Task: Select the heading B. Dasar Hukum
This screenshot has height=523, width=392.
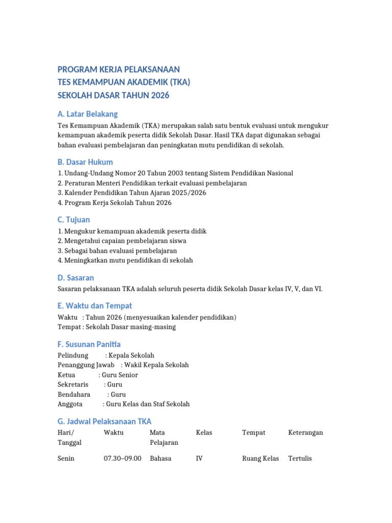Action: [x=85, y=162]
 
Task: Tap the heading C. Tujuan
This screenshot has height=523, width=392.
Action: [x=74, y=220]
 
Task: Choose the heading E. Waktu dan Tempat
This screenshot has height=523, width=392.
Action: [x=95, y=305]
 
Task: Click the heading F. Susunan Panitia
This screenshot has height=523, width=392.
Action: [x=89, y=344]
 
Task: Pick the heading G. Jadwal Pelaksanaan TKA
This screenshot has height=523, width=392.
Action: [x=105, y=421]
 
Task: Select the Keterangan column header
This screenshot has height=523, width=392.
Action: [x=306, y=433]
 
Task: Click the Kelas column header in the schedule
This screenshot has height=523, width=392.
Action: [x=204, y=433]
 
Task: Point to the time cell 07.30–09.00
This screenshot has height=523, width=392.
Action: [x=122, y=459]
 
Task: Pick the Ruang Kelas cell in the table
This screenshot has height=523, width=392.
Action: [x=260, y=459]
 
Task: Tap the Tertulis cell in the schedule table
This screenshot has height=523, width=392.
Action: [x=300, y=459]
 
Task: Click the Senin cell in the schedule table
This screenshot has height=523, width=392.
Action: [x=66, y=459]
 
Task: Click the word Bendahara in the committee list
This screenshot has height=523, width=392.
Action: [x=74, y=394]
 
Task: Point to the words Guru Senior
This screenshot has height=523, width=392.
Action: [x=120, y=375]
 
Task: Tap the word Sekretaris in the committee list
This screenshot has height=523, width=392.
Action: [x=73, y=385]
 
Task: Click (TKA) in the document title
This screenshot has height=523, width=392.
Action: [x=179, y=82]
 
